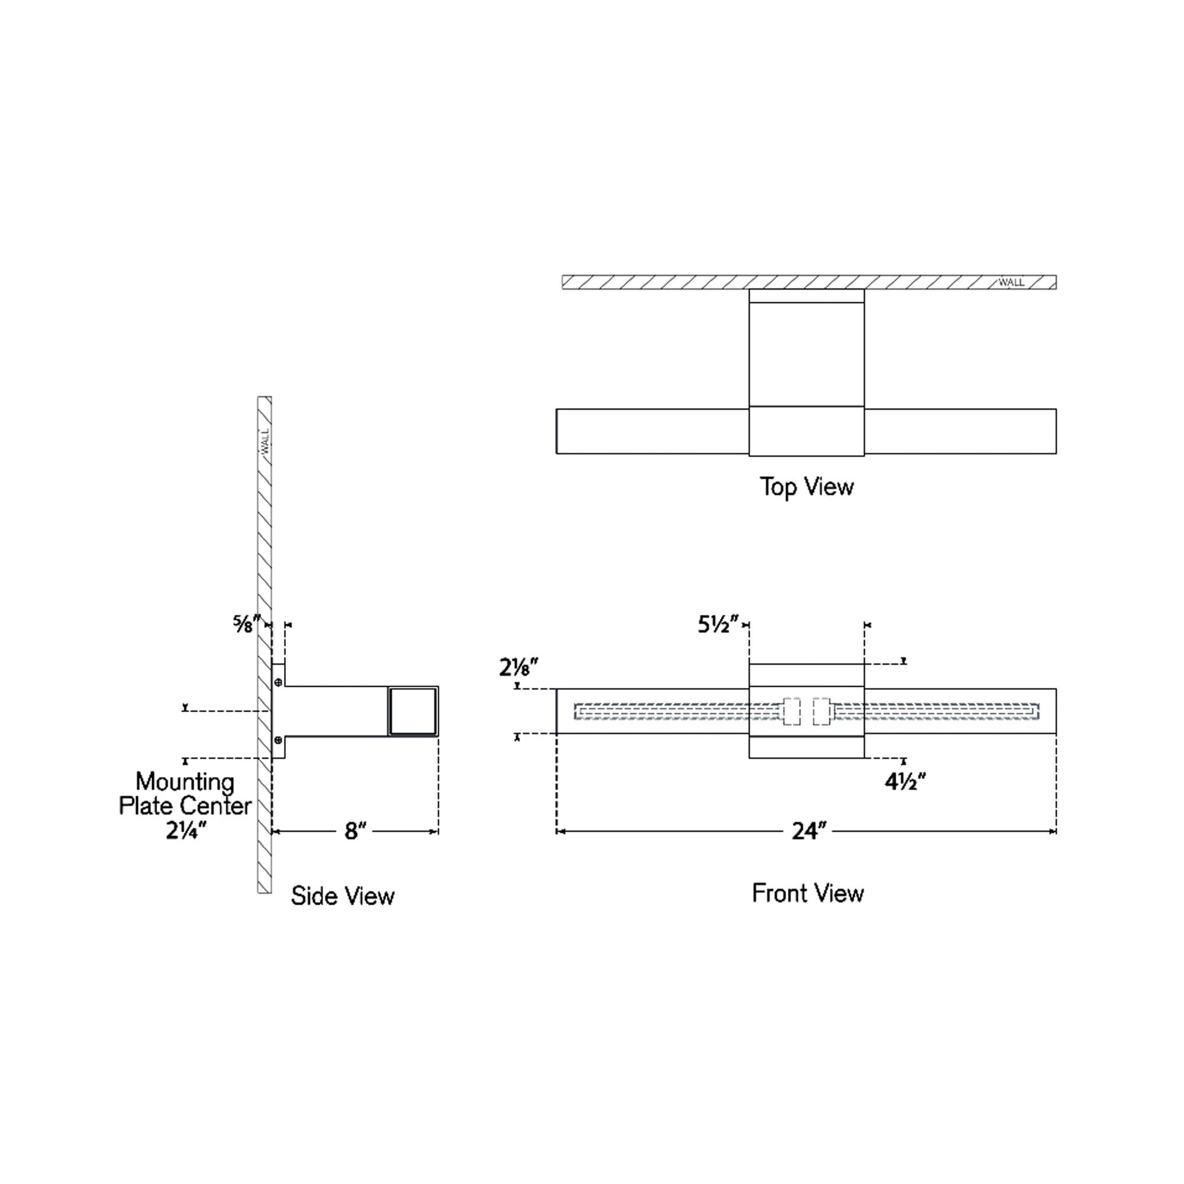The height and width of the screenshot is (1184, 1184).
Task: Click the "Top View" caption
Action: point(807,487)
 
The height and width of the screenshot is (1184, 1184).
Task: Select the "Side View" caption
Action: point(343,896)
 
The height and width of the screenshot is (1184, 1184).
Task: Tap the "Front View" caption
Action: point(808,894)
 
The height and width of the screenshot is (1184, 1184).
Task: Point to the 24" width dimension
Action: point(809,832)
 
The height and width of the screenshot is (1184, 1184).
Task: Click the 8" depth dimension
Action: point(355,832)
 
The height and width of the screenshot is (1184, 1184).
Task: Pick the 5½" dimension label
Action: point(717,625)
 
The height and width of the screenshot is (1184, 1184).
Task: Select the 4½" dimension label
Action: point(905,782)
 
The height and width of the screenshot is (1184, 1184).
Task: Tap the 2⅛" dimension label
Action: point(518,667)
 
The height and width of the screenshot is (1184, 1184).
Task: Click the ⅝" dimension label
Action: point(246,624)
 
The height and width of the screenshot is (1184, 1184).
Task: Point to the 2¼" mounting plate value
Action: point(186,831)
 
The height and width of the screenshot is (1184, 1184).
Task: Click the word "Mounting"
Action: point(185,782)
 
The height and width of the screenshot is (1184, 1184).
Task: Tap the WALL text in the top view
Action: point(1011,282)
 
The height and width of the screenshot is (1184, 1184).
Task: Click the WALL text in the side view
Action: point(265,441)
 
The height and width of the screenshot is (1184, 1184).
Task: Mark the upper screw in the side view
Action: point(278,682)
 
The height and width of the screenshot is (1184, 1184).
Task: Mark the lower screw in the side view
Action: point(278,740)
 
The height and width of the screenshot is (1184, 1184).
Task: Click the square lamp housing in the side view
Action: point(413,711)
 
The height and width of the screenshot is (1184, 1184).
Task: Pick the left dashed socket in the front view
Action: point(791,711)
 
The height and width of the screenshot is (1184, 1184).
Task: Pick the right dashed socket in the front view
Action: point(821,711)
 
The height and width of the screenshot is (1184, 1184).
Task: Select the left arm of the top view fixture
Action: point(652,431)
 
